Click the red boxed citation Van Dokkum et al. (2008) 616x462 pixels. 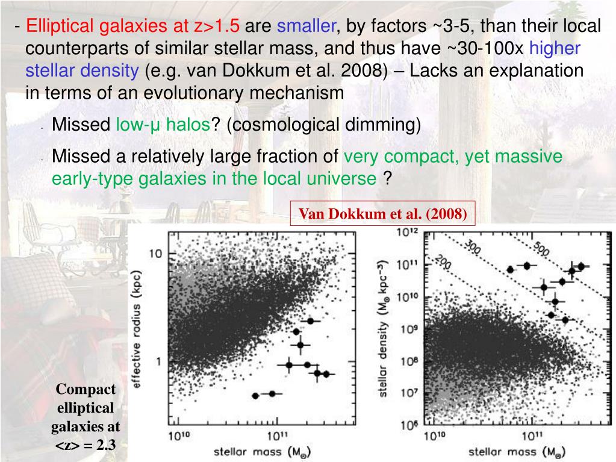383,214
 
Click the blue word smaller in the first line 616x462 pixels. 306,27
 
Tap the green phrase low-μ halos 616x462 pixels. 163,125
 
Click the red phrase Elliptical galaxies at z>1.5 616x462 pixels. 133,27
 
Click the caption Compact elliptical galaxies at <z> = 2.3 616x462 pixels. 85,417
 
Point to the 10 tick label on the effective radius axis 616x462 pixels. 155,253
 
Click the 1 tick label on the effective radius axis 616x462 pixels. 159,361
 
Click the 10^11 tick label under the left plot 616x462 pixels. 276,435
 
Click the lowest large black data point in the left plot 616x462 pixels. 255,396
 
